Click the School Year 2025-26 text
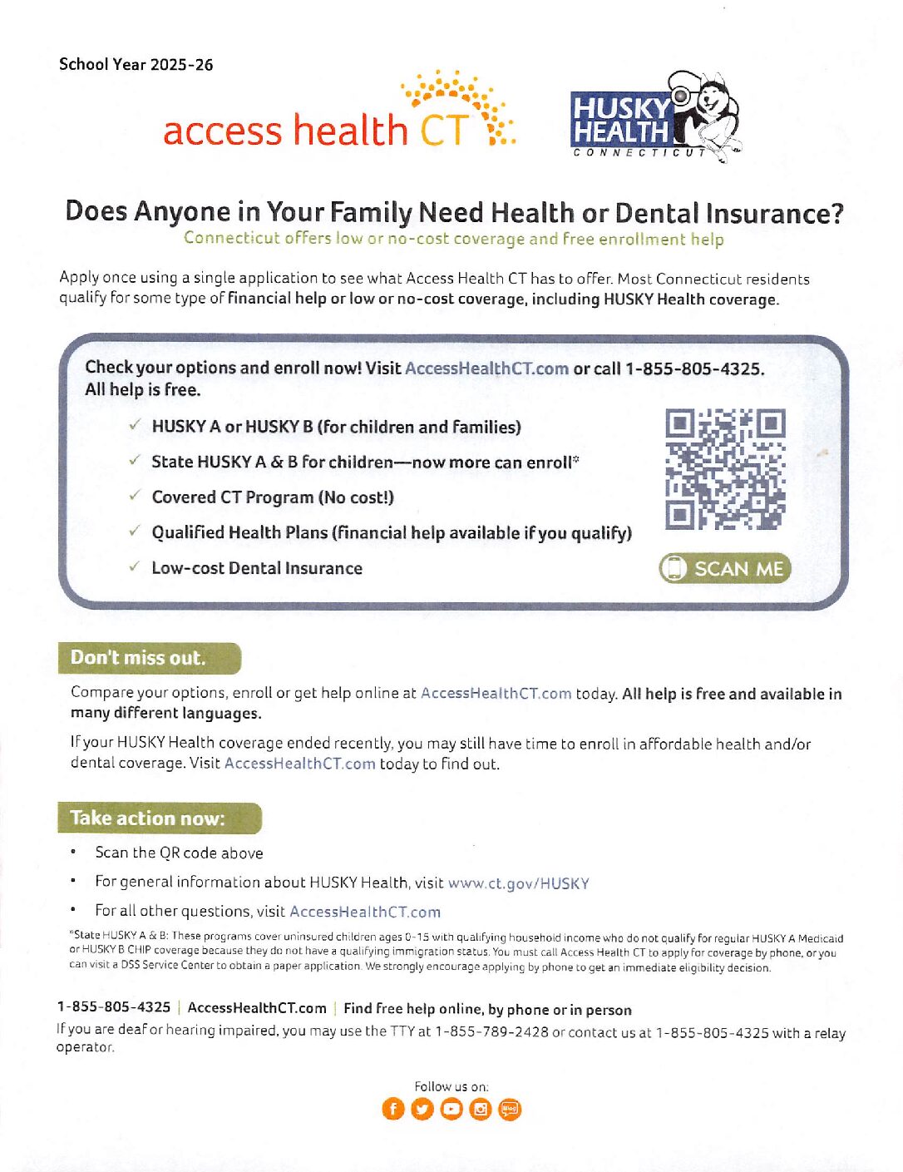click(136, 65)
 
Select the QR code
click(725, 469)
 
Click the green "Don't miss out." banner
click(149, 658)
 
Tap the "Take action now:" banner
click(159, 818)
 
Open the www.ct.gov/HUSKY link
click(518, 883)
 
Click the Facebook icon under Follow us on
click(392, 1109)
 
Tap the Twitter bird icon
click(422, 1109)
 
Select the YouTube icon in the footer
click(451, 1109)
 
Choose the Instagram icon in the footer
click(481, 1109)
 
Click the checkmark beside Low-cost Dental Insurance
click(134, 567)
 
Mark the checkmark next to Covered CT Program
click(134, 497)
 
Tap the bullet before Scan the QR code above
click(74, 852)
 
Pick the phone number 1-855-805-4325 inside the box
click(693, 368)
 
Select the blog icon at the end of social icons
click(510, 1109)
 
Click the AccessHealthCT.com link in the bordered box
click(486, 368)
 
